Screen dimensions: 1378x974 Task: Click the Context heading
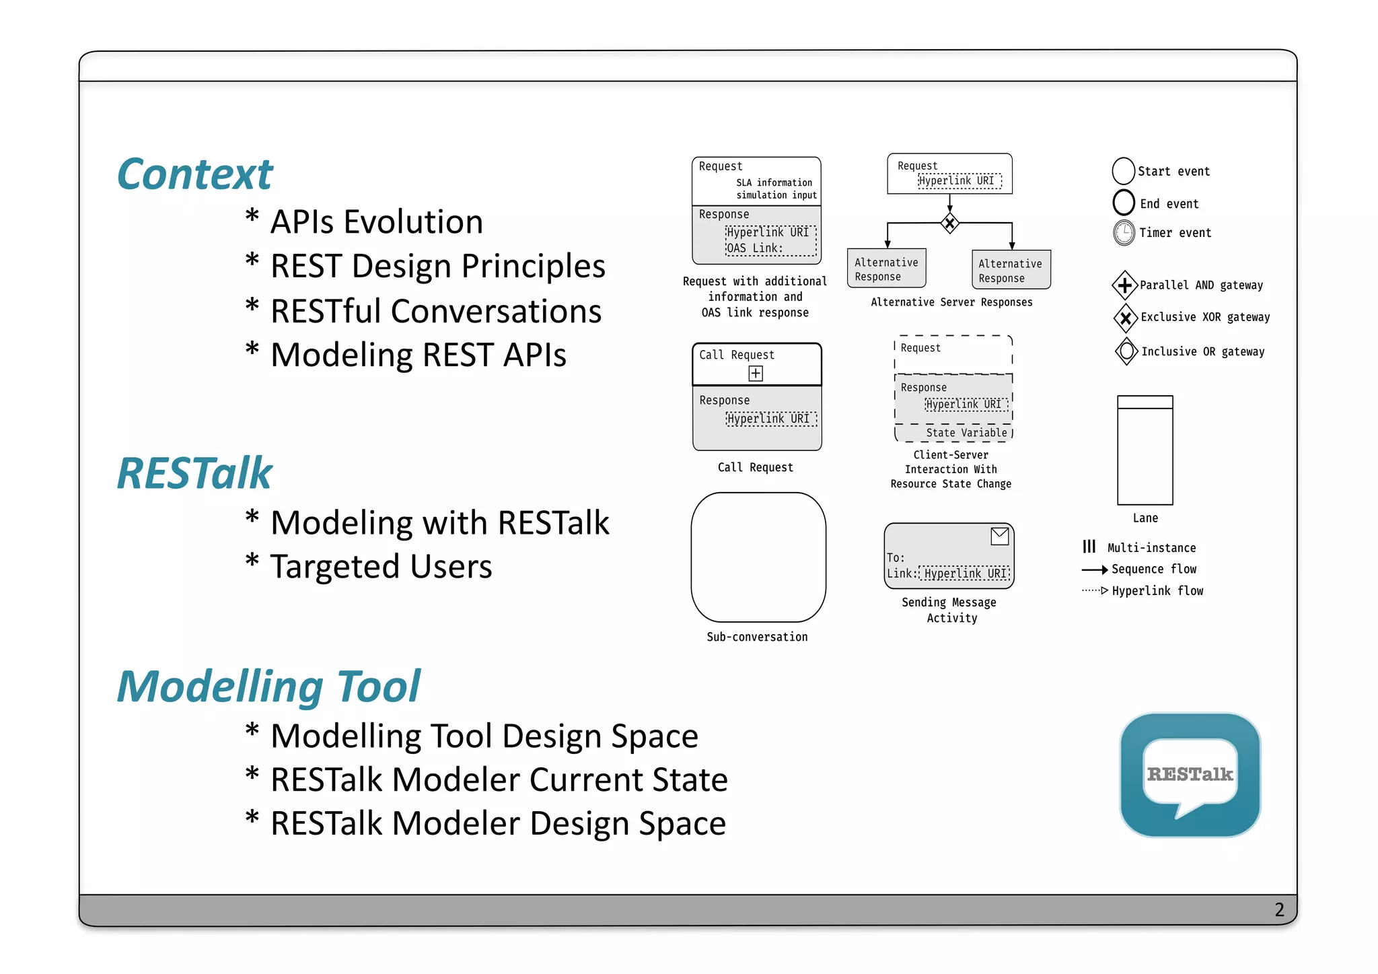tap(194, 175)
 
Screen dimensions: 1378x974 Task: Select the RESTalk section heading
tap(194, 473)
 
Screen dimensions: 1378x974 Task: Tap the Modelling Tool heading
tap(268, 687)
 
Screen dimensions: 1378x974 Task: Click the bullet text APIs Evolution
tap(376, 222)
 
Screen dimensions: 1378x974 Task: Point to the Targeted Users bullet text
tap(381, 567)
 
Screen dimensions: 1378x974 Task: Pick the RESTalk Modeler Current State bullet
tap(499, 780)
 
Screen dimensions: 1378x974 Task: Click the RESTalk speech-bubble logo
tap(1190, 775)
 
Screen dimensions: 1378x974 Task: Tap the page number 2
tap(1279, 910)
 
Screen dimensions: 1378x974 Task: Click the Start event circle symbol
tap(1123, 171)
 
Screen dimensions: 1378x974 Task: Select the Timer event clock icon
tap(1124, 233)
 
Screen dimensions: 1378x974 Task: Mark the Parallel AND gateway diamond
tap(1124, 285)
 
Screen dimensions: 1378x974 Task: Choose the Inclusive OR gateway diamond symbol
tap(1126, 351)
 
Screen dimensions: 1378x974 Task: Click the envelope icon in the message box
tap(999, 536)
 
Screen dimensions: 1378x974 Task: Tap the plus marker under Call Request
tap(756, 374)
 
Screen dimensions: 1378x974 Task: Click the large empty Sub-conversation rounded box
tap(758, 557)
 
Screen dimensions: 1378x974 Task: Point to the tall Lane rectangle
tap(1145, 450)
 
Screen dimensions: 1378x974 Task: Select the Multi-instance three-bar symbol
tap(1089, 547)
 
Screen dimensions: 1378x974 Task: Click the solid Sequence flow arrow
tap(1094, 570)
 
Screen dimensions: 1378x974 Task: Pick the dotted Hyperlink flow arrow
tap(1094, 591)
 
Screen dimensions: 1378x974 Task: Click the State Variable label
tap(966, 433)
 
